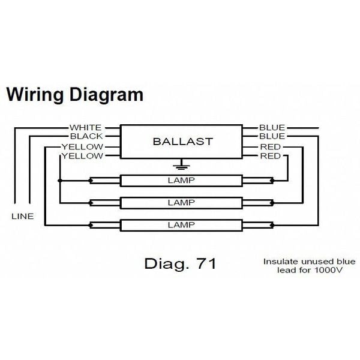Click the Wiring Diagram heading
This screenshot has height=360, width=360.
[x=75, y=95]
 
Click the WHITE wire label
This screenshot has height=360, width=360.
[x=85, y=128]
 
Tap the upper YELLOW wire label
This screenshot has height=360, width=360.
[x=82, y=147]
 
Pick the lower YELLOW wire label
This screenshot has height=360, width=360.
[x=82, y=157]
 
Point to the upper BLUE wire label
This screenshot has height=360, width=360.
[x=272, y=128]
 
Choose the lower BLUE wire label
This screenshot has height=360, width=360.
[x=272, y=137]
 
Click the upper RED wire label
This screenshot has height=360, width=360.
[x=270, y=147]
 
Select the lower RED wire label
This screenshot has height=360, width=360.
[x=270, y=157]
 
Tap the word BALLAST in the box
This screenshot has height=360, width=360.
[x=182, y=142]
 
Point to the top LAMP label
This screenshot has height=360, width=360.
[x=182, y=179]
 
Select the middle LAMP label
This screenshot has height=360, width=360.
[x=182, y=202]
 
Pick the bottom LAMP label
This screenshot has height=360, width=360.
[x=182, y=225]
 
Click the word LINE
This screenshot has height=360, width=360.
[x=23, y=216]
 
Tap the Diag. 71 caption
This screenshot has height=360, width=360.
[x=180, y=263]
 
